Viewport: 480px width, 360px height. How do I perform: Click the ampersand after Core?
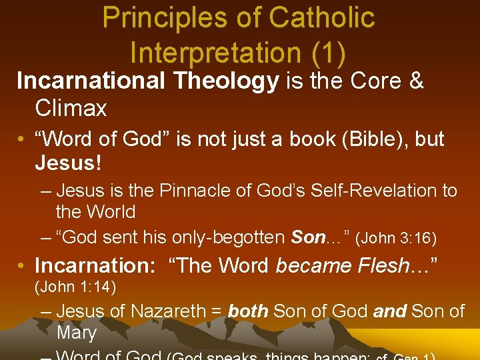(416, 81)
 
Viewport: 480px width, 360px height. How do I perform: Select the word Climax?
(71, 108)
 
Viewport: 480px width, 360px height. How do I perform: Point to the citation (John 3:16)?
(397, 237)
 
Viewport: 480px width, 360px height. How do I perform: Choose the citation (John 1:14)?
(75, 287)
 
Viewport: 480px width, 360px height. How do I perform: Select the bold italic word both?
(248, 311)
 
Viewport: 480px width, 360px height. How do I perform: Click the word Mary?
(77, 332)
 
